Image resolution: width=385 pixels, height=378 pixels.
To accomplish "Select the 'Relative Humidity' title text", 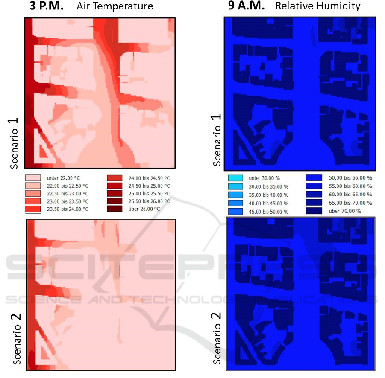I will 318,6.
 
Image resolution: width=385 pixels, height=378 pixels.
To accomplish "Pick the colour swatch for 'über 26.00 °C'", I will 114,209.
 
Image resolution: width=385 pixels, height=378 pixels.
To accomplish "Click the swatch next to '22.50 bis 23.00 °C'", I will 33,193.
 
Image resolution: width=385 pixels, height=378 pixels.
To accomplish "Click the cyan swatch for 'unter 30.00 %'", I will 235,178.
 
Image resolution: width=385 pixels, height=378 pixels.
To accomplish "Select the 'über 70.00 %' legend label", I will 344,211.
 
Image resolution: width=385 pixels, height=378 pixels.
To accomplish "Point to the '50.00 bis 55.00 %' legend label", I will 350,177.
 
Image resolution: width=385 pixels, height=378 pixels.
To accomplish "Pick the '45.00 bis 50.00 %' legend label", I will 267,212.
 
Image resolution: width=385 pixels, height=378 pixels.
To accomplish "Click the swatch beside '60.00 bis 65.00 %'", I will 314,194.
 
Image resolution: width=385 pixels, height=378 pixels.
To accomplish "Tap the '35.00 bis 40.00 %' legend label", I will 267,195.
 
